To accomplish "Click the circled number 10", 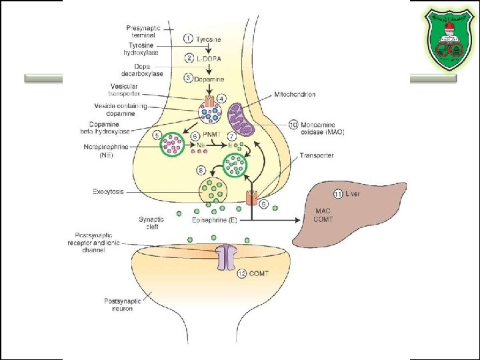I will click(293, 124).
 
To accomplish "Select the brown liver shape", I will click(353, 213).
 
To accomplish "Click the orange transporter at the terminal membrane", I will click(252, 198).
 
